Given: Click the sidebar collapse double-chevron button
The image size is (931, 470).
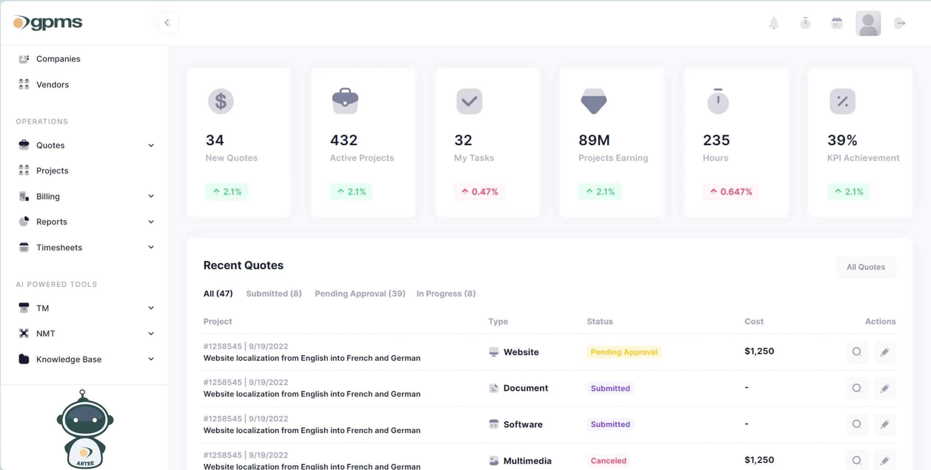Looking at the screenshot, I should [x=168, y=23].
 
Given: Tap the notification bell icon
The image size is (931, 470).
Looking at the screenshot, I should [x=774, y=23].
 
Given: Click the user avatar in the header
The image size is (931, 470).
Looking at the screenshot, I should [x=868, y=23].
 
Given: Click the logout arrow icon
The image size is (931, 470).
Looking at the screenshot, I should [x=900, y=23].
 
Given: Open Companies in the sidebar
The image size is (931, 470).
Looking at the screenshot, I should [x=58, y=59].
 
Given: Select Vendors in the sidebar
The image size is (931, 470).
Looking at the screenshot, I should [x=52, y=85].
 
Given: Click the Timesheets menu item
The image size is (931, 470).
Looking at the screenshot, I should [x=59, y=248].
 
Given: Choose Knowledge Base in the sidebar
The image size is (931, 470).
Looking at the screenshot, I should [x=69, y=359].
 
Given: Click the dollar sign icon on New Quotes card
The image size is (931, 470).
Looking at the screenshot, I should [x=221, y=101].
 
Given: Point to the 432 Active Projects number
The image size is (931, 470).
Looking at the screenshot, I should [x=344, y=140].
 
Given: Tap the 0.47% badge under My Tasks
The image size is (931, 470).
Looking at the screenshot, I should [x=480, y=192].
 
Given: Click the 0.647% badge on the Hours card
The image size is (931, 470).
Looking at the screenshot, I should [x=731, y=192].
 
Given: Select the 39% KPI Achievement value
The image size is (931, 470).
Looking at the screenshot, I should [x=842, y=140].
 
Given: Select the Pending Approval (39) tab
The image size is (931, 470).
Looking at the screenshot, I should [x=360, y=294].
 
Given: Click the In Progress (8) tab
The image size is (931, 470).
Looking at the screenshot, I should [x=446, y=294].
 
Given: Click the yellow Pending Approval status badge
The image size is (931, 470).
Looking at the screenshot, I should [x=624, y=352].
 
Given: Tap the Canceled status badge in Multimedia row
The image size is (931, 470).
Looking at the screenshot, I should [x=608, y=461].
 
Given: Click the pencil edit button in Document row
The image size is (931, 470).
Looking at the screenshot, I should [x=885, y=389].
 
